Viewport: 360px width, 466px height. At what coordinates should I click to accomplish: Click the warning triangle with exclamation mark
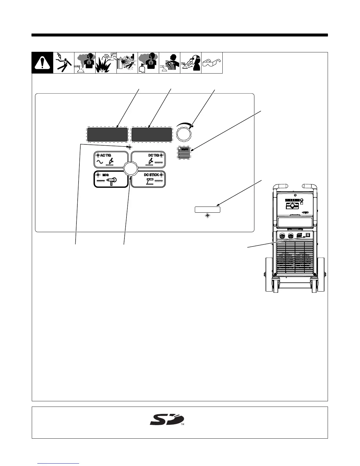(42, 63)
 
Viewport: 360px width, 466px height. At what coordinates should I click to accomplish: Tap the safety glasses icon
(212, 63)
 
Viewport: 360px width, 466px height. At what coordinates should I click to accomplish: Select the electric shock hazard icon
(64, 63)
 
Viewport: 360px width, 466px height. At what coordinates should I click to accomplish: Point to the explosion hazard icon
(106, 63)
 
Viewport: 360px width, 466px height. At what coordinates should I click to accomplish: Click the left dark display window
(107, 134)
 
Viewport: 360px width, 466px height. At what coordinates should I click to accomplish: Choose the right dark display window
(152, 134)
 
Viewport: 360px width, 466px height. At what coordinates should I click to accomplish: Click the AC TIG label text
(106, 155)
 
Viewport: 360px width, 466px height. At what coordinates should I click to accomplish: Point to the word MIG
(105, 175)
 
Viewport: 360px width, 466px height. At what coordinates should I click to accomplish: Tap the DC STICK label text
(151, 175)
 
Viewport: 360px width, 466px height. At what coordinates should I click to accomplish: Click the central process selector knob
(131, 169)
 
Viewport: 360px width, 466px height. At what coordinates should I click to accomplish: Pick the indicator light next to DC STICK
(161, 175)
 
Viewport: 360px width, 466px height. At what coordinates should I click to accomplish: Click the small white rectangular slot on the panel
(207, 209)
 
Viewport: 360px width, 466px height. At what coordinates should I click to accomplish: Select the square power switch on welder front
(308, 235)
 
